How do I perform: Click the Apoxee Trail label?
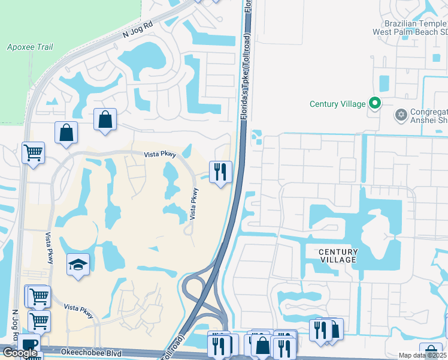click(x=30, y=47)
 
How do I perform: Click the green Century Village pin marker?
click(x=375, y=104)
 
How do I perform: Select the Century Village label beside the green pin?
click(x=337, y=104)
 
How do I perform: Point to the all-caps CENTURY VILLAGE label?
click(x=338, y=256)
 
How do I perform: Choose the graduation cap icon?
click(x=78, y=265)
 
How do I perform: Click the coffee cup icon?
click(x=29, y=346)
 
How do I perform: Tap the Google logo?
click(x=20, y=352)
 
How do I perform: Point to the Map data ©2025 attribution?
click(x=422, y=355)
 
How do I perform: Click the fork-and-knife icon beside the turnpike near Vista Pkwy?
click(x=220, y=172)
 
